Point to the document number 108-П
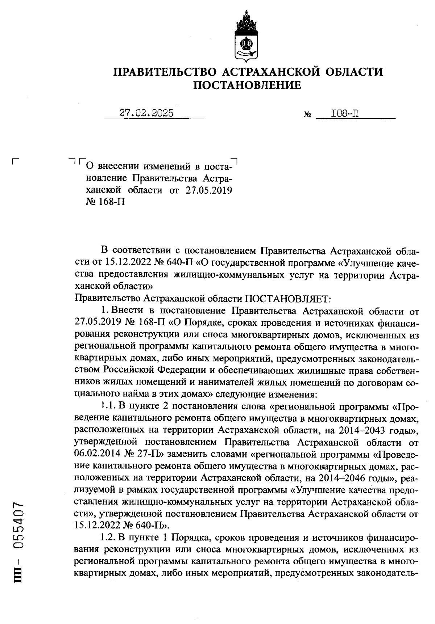tap(345, 114)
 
